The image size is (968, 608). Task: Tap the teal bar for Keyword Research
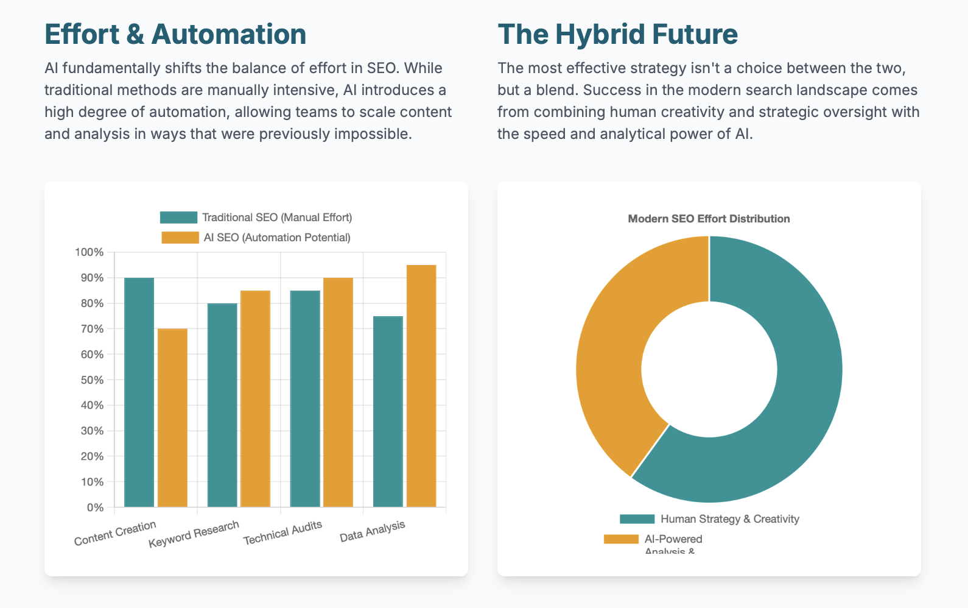222,405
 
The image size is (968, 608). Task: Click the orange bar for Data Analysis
421,386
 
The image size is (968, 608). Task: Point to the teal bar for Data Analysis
388,411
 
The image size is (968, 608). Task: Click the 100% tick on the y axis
89,252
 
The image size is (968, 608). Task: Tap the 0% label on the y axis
95,507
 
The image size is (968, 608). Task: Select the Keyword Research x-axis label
194,534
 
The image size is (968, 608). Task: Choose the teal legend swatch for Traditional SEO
178,217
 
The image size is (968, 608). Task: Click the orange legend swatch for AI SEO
180,238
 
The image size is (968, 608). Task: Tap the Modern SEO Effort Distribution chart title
709,219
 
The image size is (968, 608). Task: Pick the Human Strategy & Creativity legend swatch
637,519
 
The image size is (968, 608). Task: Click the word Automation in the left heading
229,34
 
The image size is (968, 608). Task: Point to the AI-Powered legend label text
673,539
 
